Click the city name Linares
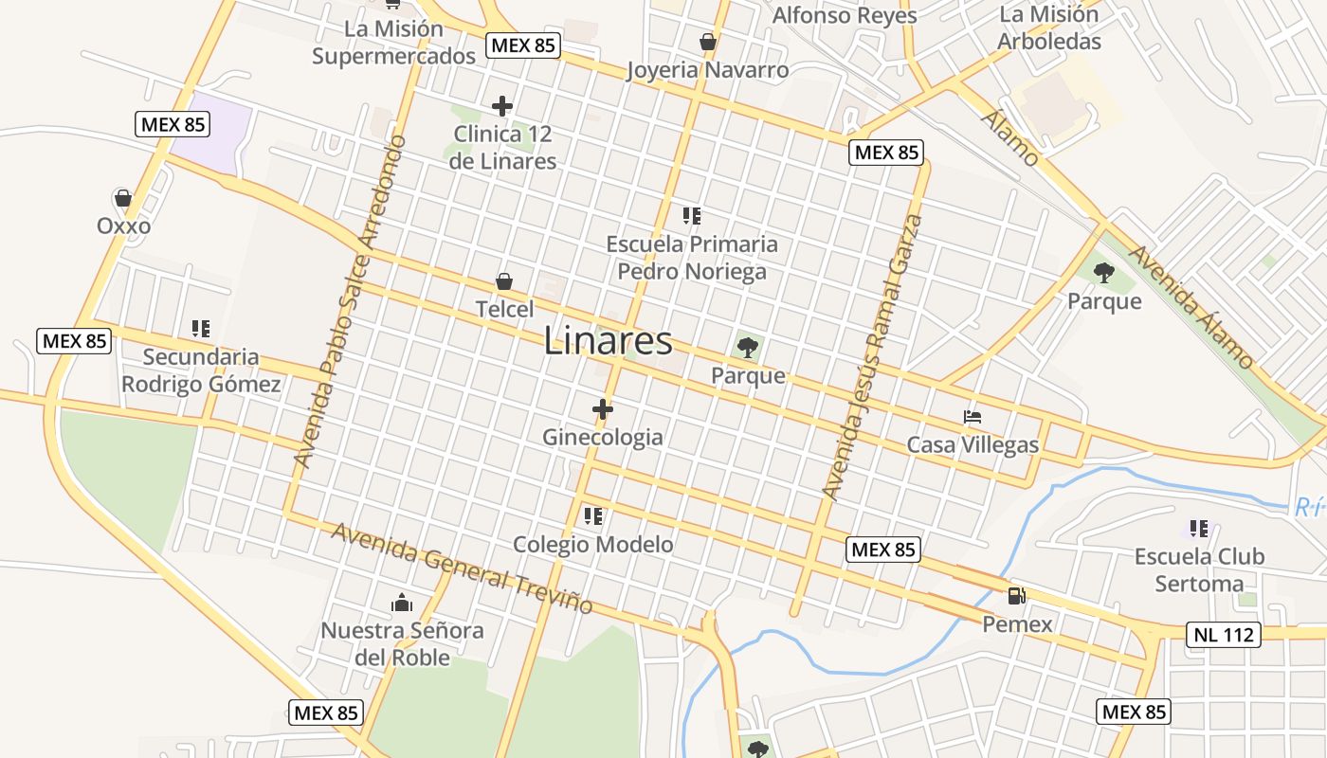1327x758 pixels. pos(608,341)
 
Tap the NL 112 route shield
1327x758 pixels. pos(1224,634)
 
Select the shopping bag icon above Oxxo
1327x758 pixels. pos(122,198)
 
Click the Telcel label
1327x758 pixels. pos(504,309)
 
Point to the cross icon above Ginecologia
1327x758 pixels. pos(603,409)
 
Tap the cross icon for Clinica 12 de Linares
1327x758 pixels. pos(502,106)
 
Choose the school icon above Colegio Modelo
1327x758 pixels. pos(593,516)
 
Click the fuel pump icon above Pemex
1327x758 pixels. pos(1016,596)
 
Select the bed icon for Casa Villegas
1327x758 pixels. pos(972,416)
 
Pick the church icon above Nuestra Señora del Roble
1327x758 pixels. pos(402,603)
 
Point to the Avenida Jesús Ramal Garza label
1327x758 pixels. pos(872,357)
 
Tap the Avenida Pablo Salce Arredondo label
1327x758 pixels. pos(349,301)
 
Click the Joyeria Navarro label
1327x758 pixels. pos(707,70)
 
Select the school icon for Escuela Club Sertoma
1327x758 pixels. pos(1199,528)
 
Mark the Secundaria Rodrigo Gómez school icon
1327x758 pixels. pos(200,329)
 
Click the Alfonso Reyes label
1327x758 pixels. pos(845,15)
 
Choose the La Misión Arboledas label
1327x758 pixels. pos(1049,28)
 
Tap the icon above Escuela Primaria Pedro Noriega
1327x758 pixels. pos(692,216)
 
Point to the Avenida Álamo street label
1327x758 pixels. pos(1191,307)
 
